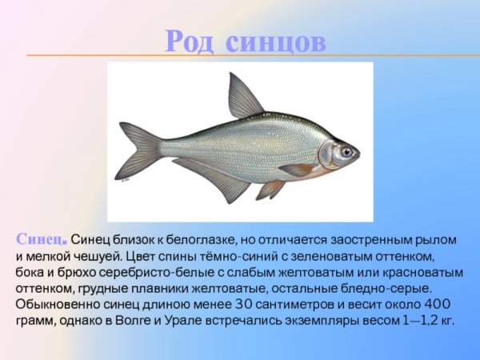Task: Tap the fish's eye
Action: coord(346,150)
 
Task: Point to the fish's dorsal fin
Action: coord(242,98)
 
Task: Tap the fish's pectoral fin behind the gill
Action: coord(298,170)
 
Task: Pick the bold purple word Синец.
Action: coord(41,239)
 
